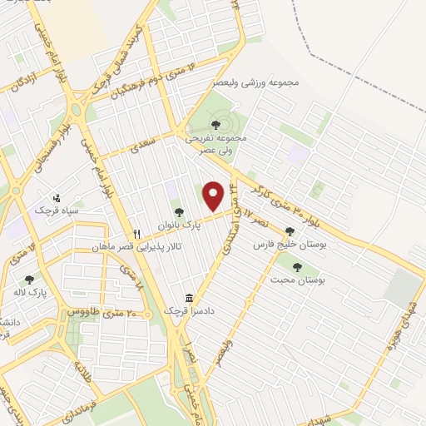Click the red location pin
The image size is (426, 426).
point(213,196)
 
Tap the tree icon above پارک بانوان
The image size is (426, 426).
point(178,211)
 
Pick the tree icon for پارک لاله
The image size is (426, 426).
point(30,280)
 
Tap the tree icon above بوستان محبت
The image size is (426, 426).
point(297,267)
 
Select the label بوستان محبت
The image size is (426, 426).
point(297,280)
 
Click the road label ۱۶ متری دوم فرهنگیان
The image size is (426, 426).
point(150,82)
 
